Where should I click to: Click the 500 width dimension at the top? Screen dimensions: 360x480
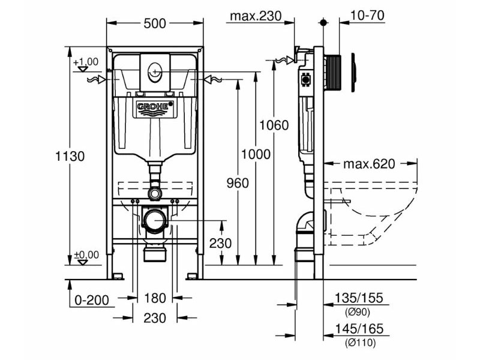(154, 24)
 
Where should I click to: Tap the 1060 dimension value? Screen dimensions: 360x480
(274, 125)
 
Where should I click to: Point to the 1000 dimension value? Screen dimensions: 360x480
(256, 154)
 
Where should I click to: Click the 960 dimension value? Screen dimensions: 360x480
(238, 183)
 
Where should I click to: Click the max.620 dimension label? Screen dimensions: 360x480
(370, 164)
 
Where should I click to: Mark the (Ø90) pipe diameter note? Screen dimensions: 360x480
(358, 312)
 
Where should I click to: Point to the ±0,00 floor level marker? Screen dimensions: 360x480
(86, 254)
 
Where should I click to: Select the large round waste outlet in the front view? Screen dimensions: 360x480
(155, 220)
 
